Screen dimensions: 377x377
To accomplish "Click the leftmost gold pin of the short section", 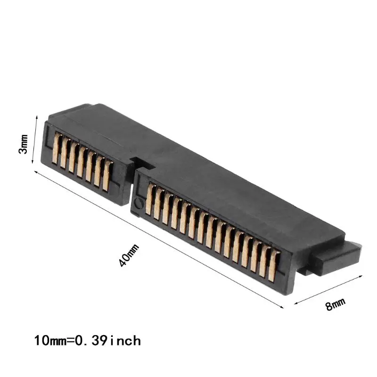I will (x=57, y=148).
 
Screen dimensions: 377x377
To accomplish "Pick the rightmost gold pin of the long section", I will (x=274, y=266).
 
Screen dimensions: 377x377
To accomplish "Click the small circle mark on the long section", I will (x=138, y=204).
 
